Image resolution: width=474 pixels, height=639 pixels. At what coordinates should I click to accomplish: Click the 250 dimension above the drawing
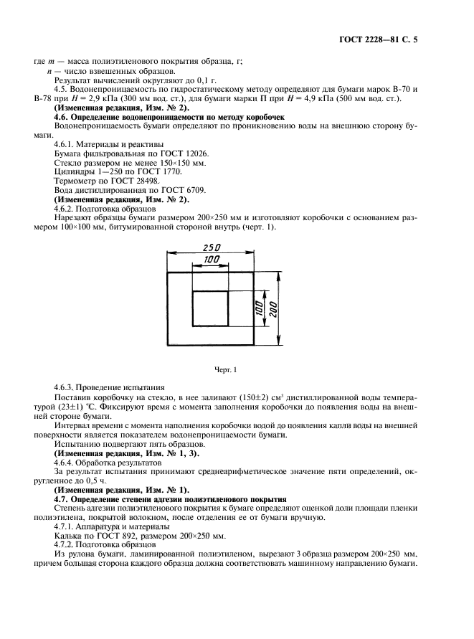point(211,246)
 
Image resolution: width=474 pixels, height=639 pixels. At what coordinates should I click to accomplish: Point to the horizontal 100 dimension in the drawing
point(211,258)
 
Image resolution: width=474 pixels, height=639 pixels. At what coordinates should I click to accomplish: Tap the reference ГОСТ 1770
point(158,171)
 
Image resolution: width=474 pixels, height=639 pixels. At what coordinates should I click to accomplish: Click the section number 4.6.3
point(68,387)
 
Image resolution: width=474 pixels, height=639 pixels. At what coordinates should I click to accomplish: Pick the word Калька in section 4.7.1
point(70,535)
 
